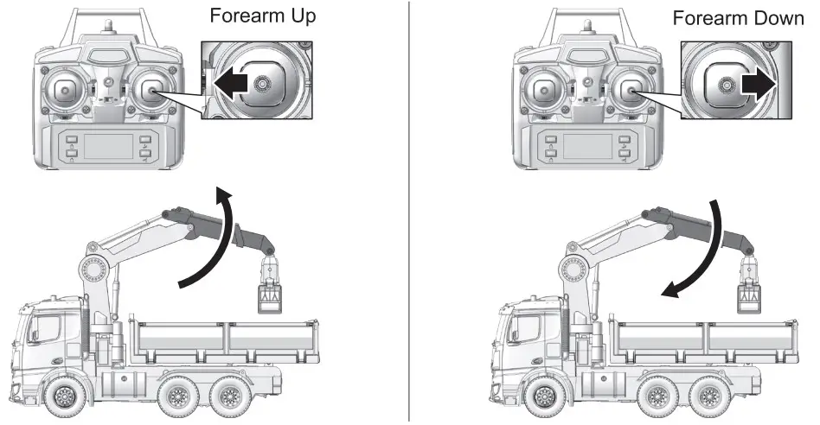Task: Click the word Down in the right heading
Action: [x=776, y=18]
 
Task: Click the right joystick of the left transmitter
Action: [x=153, y=90]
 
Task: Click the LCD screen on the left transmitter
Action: [x=109, y=145]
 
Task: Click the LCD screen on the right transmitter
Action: [x=588, y=145]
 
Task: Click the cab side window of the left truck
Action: [x=48, y=332]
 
